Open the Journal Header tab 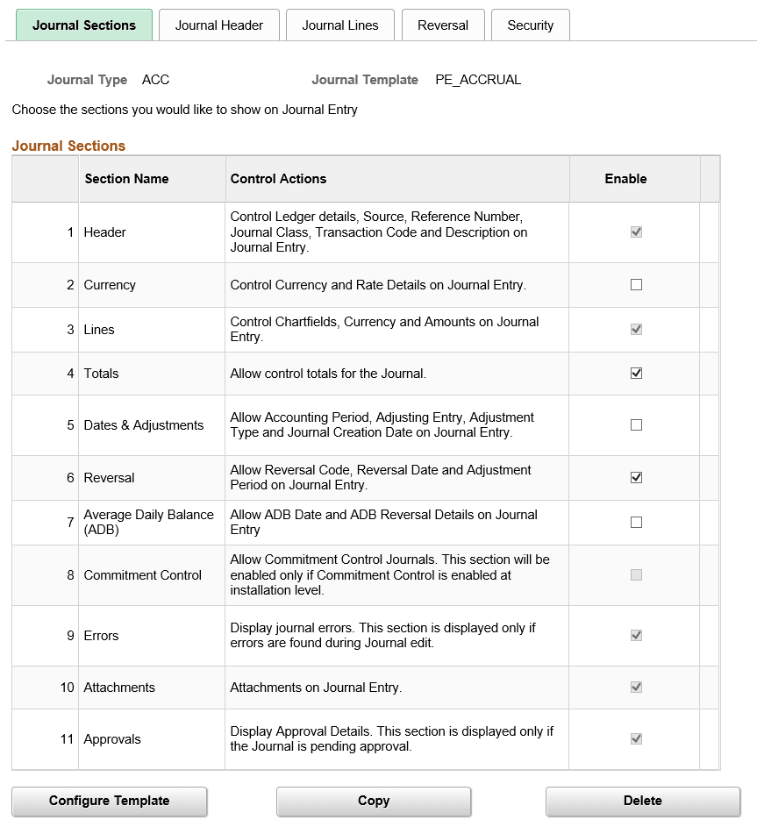(218, 25)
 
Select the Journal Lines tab (340, 25)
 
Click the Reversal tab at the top (443, 25)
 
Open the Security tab (530, 25)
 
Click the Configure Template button (110, 801)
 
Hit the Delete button (642, 801)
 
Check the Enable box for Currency (636, 285)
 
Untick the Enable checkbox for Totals (636, 374)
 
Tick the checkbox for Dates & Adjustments (636, 425)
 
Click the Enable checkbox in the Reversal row (636, 478)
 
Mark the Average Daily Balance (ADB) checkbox (636, 523)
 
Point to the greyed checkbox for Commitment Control (636, 575)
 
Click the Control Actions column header (278, 179)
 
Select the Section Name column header (126, 179)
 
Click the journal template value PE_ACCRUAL (478, 80)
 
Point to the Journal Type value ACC (155, 80)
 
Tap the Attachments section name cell (119, 688)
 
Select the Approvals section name (112, 739)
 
